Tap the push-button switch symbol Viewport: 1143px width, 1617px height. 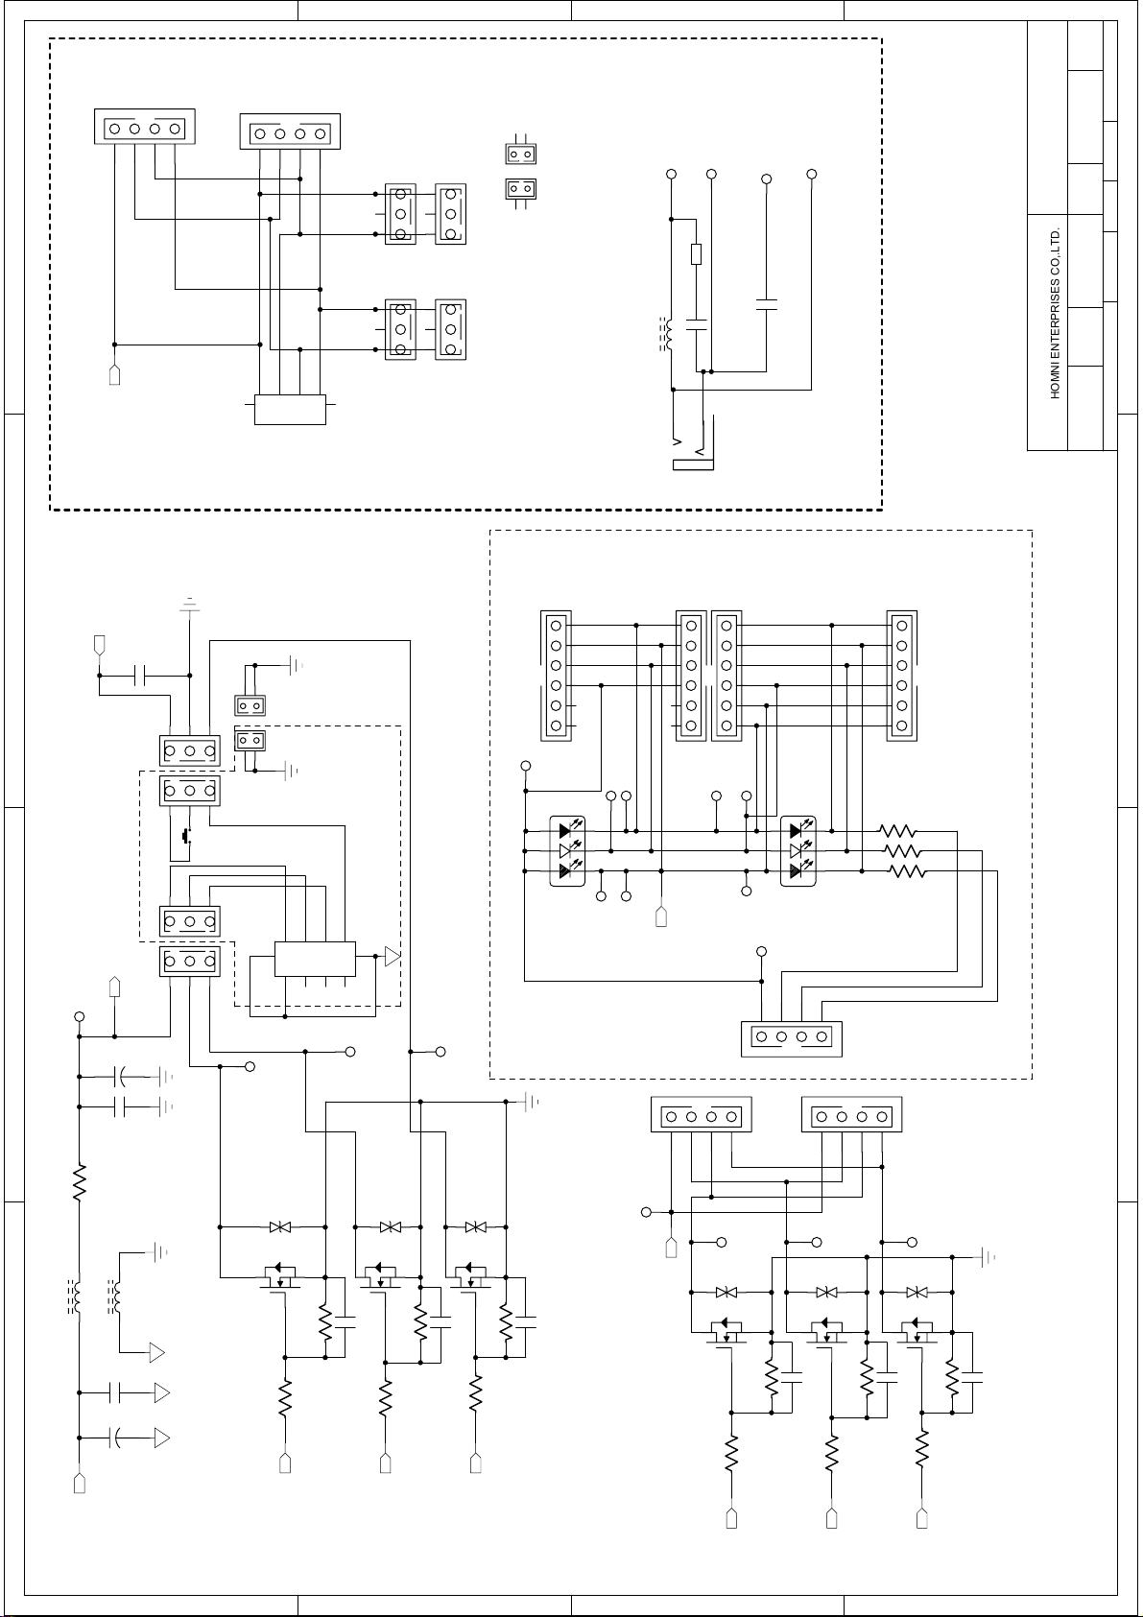(188, 837)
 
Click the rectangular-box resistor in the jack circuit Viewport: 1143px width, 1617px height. (696, 254)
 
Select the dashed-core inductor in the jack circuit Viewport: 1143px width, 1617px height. (666, 334)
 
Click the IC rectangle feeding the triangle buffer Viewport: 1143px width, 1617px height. (315, 959)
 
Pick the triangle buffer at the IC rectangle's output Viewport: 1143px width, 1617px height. (393, 957)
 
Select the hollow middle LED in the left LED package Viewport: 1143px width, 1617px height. (565, 851)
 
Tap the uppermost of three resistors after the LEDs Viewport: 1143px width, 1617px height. (898, 831)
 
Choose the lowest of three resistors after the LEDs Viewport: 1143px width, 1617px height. (908, 871)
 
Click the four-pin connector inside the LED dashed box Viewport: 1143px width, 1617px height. (792, 1038)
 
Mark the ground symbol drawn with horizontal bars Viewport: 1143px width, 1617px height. (190, 604)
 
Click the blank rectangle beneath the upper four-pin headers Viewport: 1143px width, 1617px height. (290, 410)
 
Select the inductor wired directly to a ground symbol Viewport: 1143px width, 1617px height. (115, 1296)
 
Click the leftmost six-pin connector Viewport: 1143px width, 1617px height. (556, 676)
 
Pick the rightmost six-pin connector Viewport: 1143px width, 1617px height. (902, 676)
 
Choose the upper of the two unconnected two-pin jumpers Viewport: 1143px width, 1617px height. (520, 154)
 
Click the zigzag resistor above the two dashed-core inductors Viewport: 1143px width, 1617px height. (80, 1181)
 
